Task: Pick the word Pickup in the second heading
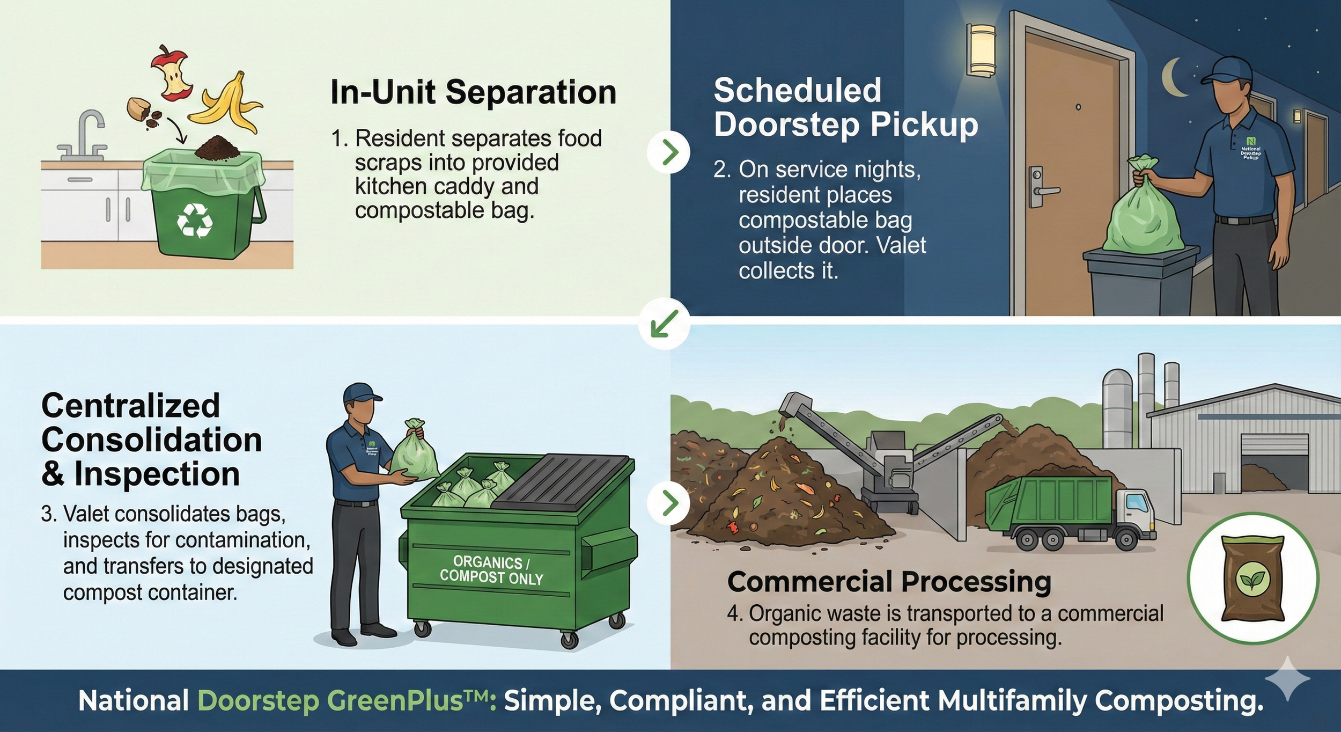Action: click(x=924, y=125)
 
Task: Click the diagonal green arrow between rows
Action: click(x=664, y=324)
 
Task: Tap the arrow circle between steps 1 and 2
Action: click(x=668, y=152)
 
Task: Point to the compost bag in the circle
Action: click(x=1252, y=578)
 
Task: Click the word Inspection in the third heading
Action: click(x=157, y=474)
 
